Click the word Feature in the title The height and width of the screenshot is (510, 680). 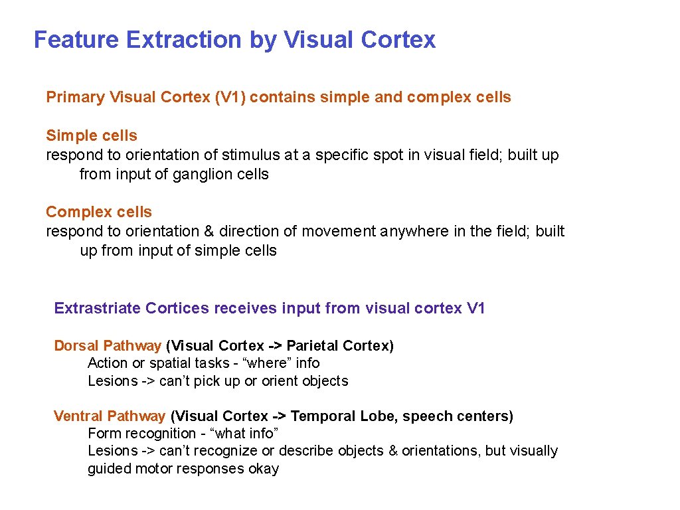point(75,40)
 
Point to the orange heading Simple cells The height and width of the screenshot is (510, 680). point(92,136)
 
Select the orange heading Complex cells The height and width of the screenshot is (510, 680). point(99,212)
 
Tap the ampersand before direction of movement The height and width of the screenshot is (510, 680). point(209,232)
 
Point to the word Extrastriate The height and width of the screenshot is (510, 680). point(97,309)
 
